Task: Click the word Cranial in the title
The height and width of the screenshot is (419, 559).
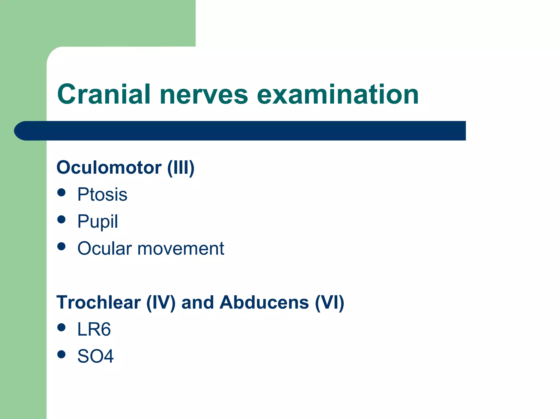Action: (x=104, y=94)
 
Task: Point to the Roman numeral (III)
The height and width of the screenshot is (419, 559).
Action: (x=181, y=168)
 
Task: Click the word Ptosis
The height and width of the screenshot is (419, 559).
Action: (x=102, y=194)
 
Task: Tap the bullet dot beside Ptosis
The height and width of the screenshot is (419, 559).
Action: (x=62, y=192)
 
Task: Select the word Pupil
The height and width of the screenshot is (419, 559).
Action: (x=97, y=221)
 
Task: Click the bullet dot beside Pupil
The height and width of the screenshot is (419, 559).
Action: (x=62, y=219)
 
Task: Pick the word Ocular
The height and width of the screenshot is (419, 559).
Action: (x=105, y=249)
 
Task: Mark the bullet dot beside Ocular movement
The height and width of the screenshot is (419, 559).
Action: (x=62, y=246)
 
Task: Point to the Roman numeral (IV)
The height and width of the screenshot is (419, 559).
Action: (x=161, y=303)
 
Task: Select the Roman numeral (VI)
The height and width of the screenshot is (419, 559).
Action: (x=329, y=303)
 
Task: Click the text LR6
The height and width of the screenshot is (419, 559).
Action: (x=94, y=329)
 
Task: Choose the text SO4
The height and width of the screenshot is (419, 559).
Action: (x=95, y=356)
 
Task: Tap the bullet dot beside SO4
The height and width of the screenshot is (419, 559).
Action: (x=62, y=354)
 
